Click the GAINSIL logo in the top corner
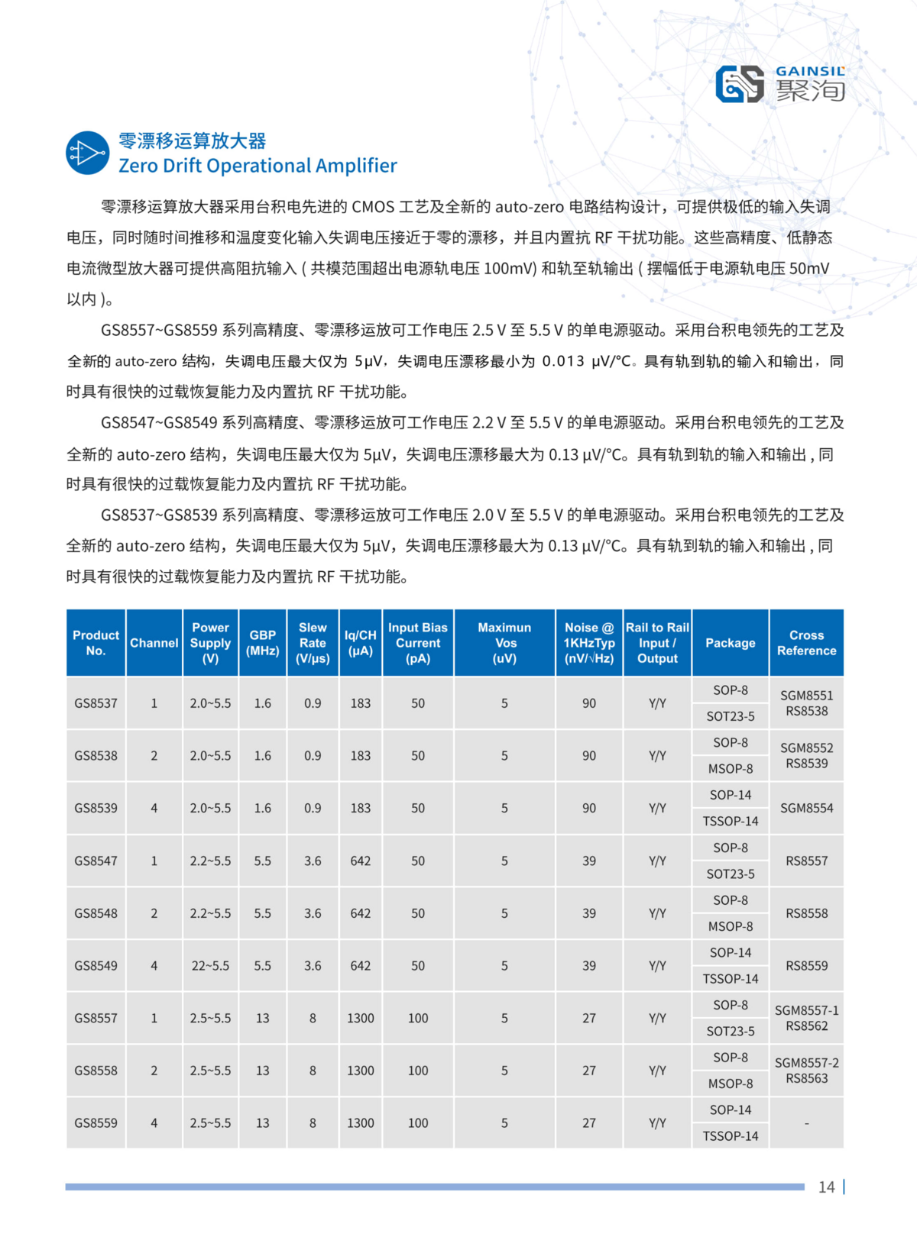pos(780,84)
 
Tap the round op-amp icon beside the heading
pos(88,153)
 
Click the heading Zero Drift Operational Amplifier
pos(258,166)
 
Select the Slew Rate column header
pos(313,643)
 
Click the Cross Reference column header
pos(806,643)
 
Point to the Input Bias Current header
pos(418,643)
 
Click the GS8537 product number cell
pos(96,703)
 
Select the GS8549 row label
pos(96,966)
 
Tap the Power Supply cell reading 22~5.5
pos(210,966)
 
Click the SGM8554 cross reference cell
pos(806,808)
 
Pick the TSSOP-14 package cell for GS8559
pos(731,1136)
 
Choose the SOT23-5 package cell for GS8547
pos(731,874)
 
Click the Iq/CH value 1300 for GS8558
pos(361,1071)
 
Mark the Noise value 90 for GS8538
pos(589,756)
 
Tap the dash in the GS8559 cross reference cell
pos(806,1123)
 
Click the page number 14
pos(826,1187)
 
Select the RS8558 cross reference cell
pos(806,913)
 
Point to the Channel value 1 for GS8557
pos(154,1018)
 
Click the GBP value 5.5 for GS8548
pos(262,913)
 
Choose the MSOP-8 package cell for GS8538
pos(731,769)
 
